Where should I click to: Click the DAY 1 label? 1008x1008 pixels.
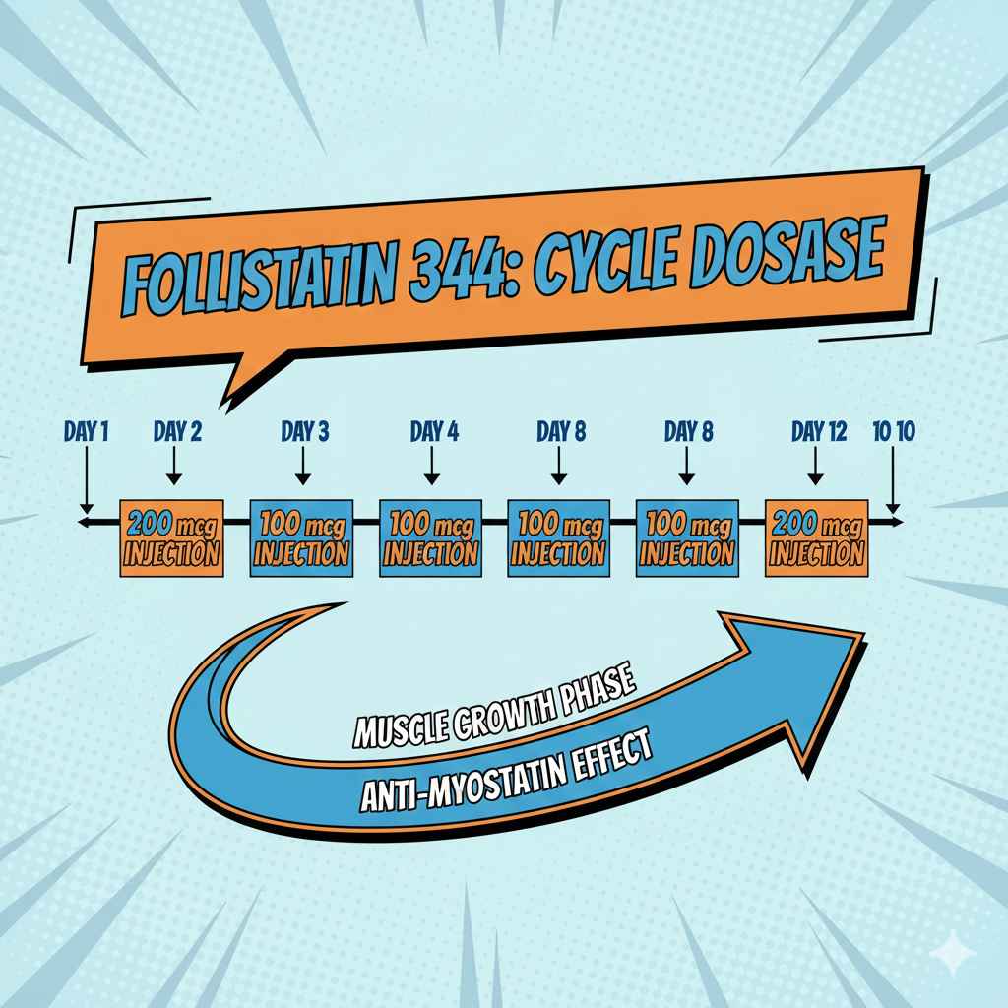click(87, 430)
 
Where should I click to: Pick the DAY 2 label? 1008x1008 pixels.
click(177, 430)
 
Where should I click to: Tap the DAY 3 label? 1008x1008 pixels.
click(304, 430)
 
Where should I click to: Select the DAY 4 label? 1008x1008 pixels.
click(434, 430)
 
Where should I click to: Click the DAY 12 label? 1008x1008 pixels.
click(819, 430)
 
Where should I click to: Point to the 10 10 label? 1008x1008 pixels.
click(894, 430)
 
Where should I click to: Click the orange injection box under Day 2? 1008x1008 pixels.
click(171, 538)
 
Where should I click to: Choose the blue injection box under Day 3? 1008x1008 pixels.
click(301, 538)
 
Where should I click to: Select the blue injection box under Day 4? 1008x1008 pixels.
click(429, 538)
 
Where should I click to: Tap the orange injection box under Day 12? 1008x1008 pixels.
click(816, 538)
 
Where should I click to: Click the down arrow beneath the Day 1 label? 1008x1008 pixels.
click(87, 482)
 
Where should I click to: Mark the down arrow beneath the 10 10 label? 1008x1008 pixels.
click(893, 482)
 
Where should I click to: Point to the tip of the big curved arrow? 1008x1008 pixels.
click(860, 639)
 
